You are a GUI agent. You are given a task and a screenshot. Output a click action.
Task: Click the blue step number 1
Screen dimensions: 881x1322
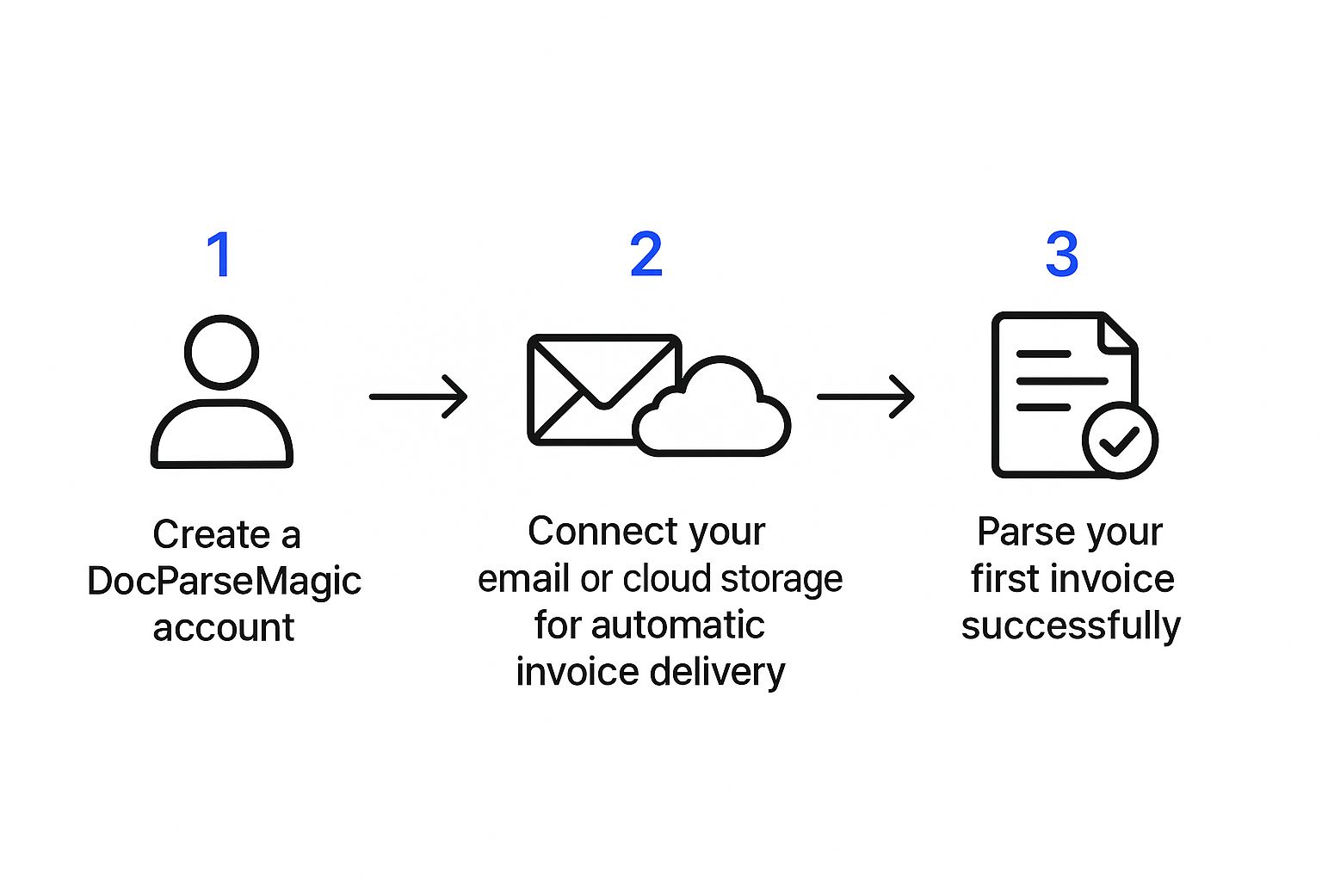tap(220, 255)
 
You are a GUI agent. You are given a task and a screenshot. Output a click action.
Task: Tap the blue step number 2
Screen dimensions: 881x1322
tap(646, 255)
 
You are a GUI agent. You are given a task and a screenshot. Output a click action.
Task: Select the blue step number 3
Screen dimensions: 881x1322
tap(1062, 255)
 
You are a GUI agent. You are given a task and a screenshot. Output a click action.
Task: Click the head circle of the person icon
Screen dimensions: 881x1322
tap(222, 353)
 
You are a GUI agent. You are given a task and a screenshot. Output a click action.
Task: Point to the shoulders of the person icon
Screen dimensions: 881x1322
tap(222, 434)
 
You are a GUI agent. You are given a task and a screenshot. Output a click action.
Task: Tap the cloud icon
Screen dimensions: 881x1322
tap(713, 411)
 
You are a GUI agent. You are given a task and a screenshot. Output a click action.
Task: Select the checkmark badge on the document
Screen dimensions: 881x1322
tap(1120, 440)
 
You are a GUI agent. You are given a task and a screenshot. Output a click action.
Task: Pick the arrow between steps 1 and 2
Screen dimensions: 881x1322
tap(418, 397)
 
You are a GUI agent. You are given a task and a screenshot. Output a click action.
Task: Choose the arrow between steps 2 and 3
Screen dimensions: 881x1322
tap(865, 397)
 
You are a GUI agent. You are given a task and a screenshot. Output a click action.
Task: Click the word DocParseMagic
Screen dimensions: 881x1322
tap(224, 582)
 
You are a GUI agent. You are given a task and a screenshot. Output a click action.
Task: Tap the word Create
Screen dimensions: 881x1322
tap(211, 535)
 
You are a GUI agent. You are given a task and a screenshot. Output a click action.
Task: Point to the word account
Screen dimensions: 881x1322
tap(224, 628)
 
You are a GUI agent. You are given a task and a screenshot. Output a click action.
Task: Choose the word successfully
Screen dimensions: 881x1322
tap(1071, 626)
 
